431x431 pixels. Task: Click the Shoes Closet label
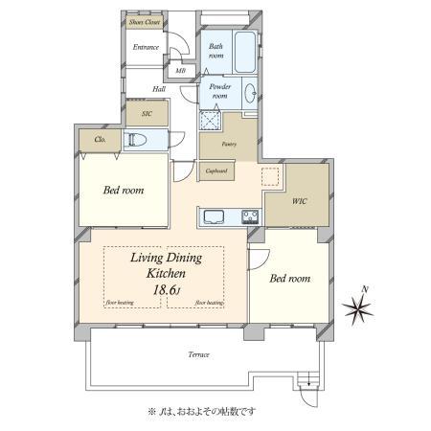[146, 22]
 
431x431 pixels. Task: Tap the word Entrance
[146, 47]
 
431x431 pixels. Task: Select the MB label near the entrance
[180, 71]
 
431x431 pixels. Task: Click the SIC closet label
[147, 113]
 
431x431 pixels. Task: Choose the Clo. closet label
[100, 140]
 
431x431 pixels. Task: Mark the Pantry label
[228, 144]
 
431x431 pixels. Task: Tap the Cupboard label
[217, 171]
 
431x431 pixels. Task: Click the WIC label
[299, 201]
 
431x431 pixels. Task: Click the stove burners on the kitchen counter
[251, 215]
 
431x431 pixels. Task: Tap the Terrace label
[196, 354]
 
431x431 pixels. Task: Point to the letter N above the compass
[363, 288]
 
